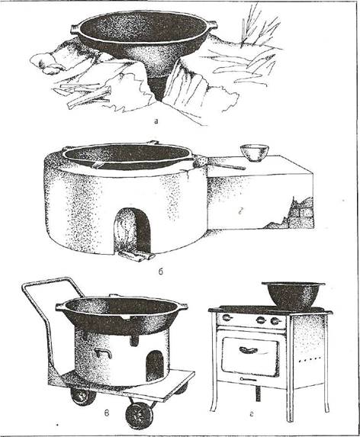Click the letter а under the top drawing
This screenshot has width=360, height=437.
click(x=156, y=120)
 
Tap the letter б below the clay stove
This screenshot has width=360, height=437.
click(x=161, y=272)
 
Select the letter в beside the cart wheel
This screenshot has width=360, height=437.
click(x=107, y=414)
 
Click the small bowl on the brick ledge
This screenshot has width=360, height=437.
click(x=254, y=153)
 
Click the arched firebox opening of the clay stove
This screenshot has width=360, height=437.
click(x=133, y=230)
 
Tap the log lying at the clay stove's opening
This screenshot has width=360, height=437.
click(x=136, y=255)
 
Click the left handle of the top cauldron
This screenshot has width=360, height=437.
click(x=75, y=29)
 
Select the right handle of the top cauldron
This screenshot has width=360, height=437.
click(x=213, y=24)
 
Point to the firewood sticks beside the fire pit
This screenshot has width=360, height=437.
click(x=84, y=95)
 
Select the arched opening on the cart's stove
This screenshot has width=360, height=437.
click(x=154, y=366)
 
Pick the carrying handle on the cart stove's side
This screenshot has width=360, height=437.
click(x=103, y=353)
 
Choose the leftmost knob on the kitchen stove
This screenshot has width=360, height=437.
click(x=227, y=318)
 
